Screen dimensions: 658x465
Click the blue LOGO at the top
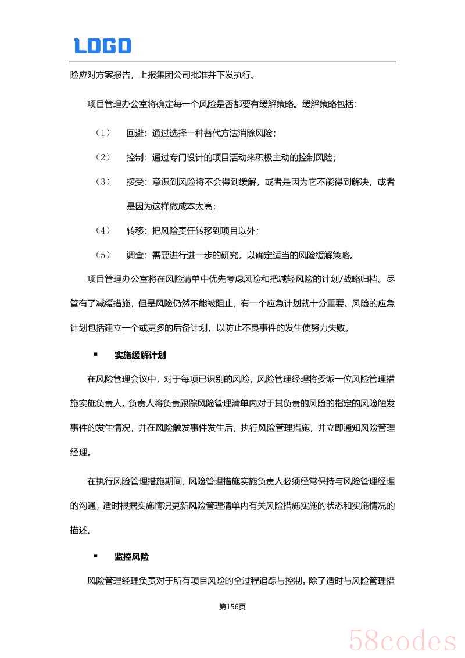pyautogui.click(x=102, y=45)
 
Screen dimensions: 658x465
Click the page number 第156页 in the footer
pyautogui.click(x=232, y=606)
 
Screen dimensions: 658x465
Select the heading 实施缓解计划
pyautogui.click(x=140, y=355)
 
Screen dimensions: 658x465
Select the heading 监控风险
pyautogui.click(x=131, y=557)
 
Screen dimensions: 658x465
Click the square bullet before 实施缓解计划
pyautogui.click(x=95, y=354)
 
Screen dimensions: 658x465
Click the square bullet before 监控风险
pyautogui.click(x=95, y=556)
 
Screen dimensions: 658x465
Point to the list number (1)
pyautogui.click(x=103, y=133)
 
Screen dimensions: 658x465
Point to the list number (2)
pyautogui.click(x=103, y=158)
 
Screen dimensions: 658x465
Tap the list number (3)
pyautogui.click(x=103, y=182)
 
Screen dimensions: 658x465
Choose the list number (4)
pyautogui.click(x=103, y=231)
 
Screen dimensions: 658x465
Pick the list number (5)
pyautogui.click(x=103, y=255)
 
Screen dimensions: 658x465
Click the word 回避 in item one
pyautogui.click(x=135, y=133)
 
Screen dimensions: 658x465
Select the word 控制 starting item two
pyautogui.click(x=135, y=158)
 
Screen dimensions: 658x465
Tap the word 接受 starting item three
pyautogui.click(x=135, y=182)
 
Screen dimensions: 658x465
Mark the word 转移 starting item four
pyautogui.click(x=135, y=231)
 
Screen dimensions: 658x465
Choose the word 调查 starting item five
pyautogui.click(x=135, y=255)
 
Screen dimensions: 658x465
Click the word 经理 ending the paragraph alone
pyautogui.click(x=78, y=452)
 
